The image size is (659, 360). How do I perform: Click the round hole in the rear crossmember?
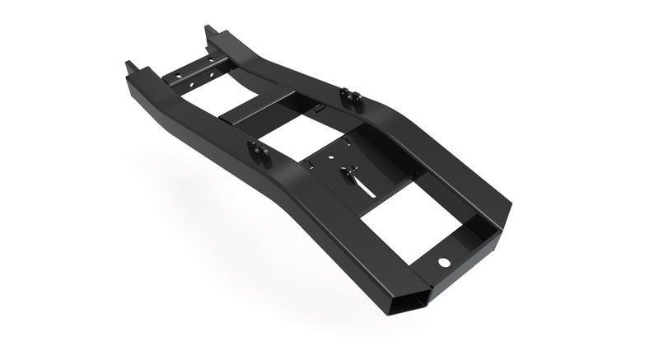pos(444,261)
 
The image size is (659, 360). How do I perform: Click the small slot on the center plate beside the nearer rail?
pos(312,165)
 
